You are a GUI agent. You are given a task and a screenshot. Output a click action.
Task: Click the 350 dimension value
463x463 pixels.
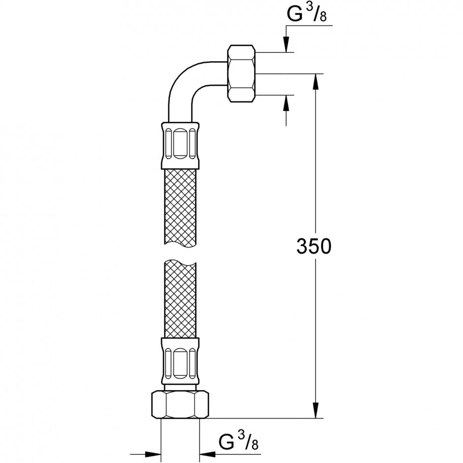coord(314,246)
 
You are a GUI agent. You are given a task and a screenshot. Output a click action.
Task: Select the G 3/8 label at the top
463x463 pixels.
coord(307,14)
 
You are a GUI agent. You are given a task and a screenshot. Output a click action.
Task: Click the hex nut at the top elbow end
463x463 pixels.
coord(241,73)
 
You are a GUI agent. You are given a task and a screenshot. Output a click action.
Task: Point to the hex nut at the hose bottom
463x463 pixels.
coord(180,404)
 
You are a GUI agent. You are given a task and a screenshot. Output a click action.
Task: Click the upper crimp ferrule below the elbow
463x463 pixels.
coord(180,145)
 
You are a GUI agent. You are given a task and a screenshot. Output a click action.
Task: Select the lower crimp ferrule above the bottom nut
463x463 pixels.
coord(180,361)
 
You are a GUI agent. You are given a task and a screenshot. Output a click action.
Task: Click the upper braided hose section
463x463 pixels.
coord(180,207)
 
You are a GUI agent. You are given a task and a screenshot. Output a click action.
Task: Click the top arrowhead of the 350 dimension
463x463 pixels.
coord(316,81)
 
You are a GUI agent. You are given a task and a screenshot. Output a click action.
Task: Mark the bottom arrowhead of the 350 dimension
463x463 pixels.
coord(316,410)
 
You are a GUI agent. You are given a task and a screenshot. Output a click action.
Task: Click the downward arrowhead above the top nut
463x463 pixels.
coord(286,44)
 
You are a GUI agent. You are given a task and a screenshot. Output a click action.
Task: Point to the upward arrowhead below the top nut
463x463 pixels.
coord(286,103)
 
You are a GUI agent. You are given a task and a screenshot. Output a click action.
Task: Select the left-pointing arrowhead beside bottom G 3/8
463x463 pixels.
coord(207,454)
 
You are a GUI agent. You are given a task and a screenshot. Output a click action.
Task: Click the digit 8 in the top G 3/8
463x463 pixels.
coord(323,17)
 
